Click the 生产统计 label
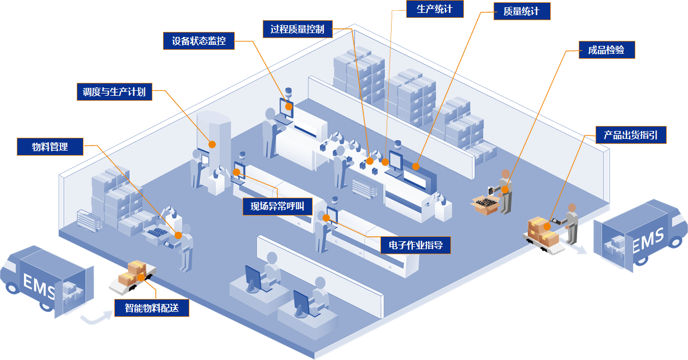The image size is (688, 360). (435, 10)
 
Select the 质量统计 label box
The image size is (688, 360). (522, 11)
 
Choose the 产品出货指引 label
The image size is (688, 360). (630, 135)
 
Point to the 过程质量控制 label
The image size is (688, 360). (297, 29)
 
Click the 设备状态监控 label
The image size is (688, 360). (198, 41)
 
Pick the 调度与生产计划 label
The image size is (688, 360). (114, 92)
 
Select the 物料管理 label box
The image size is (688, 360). (50, 147)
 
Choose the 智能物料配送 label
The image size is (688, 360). (152, 307)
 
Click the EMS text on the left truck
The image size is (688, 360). (39, 284)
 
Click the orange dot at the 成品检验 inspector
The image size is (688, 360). (505, 190)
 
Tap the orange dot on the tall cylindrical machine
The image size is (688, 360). (212, 144)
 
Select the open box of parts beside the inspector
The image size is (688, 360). (485, 203)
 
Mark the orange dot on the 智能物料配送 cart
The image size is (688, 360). (141, 277)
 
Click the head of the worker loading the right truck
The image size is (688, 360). (571, 208)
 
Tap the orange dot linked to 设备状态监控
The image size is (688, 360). (289, 105)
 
